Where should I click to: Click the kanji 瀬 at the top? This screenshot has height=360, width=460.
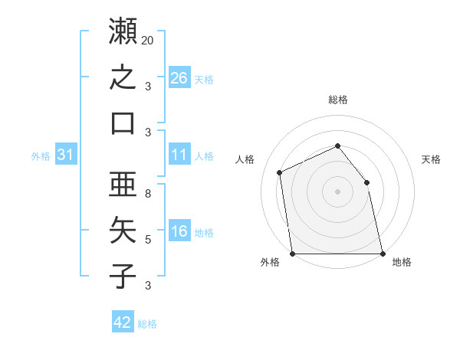[x=123, y=31]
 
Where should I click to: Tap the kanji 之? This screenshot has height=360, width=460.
[x=123, y=77]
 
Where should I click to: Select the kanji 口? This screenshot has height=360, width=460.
[x=123, y=123]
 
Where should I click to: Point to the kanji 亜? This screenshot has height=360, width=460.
[x=123, y=184]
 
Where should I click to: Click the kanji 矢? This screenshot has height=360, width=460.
[x=123, y=230]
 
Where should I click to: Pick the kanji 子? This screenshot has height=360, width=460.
[x=123, y=276]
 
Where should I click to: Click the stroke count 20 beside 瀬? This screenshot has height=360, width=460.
[x=147, y=41]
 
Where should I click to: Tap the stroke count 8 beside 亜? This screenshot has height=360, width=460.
[x=148, y=194]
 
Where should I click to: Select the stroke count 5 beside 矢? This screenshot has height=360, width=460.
[x=148, y=240]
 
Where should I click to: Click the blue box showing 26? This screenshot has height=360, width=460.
[x=179, y=77]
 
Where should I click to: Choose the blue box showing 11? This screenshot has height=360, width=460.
[x=179, y=154]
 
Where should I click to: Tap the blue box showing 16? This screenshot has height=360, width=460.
[x=179, y=230]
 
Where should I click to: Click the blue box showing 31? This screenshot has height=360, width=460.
[x=66, y=154]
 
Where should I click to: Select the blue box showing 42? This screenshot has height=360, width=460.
[x=123, y=321]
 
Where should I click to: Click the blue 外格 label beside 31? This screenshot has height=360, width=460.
[x=41, y=156]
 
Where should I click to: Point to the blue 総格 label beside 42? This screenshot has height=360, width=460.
[x=147, y=324]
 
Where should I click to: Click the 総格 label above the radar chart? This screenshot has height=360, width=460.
[x=338, y=100]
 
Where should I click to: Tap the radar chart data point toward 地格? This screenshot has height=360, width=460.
[x=383, y=254]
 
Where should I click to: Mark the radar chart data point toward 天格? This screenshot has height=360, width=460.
[x=366, y=182]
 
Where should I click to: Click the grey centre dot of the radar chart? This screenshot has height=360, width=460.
[x=337, y=191]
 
